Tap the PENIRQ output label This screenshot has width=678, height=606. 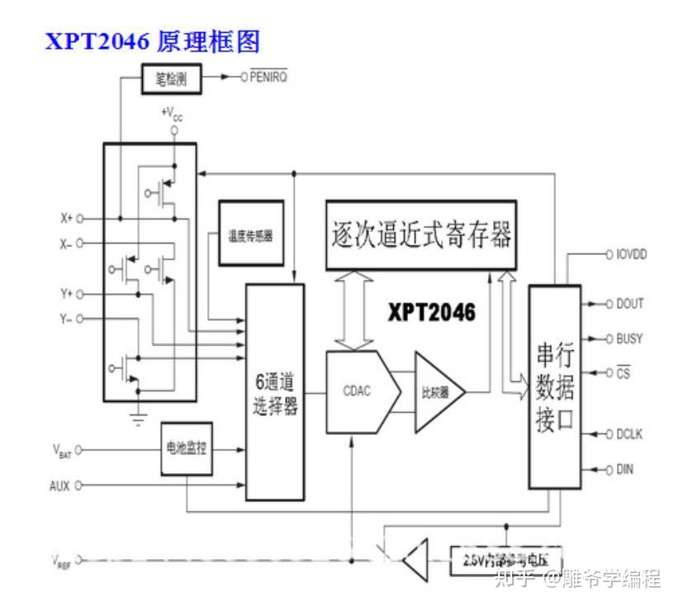point(269,78)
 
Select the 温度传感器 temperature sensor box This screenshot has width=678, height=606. point(250,234)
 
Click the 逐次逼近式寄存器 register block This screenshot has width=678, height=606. point(420,234)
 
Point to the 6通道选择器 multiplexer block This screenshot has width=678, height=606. point(275,391)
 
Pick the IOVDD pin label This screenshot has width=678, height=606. point(630,254)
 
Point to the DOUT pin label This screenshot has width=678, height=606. point(629,304)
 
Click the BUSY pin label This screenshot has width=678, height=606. point(629,339)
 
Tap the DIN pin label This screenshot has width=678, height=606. point(624,470)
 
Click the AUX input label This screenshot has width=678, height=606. point(59,485)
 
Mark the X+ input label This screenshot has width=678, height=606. point(66,219)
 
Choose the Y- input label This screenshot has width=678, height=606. point(66,319)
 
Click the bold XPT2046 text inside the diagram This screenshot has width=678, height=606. point(433,312)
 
